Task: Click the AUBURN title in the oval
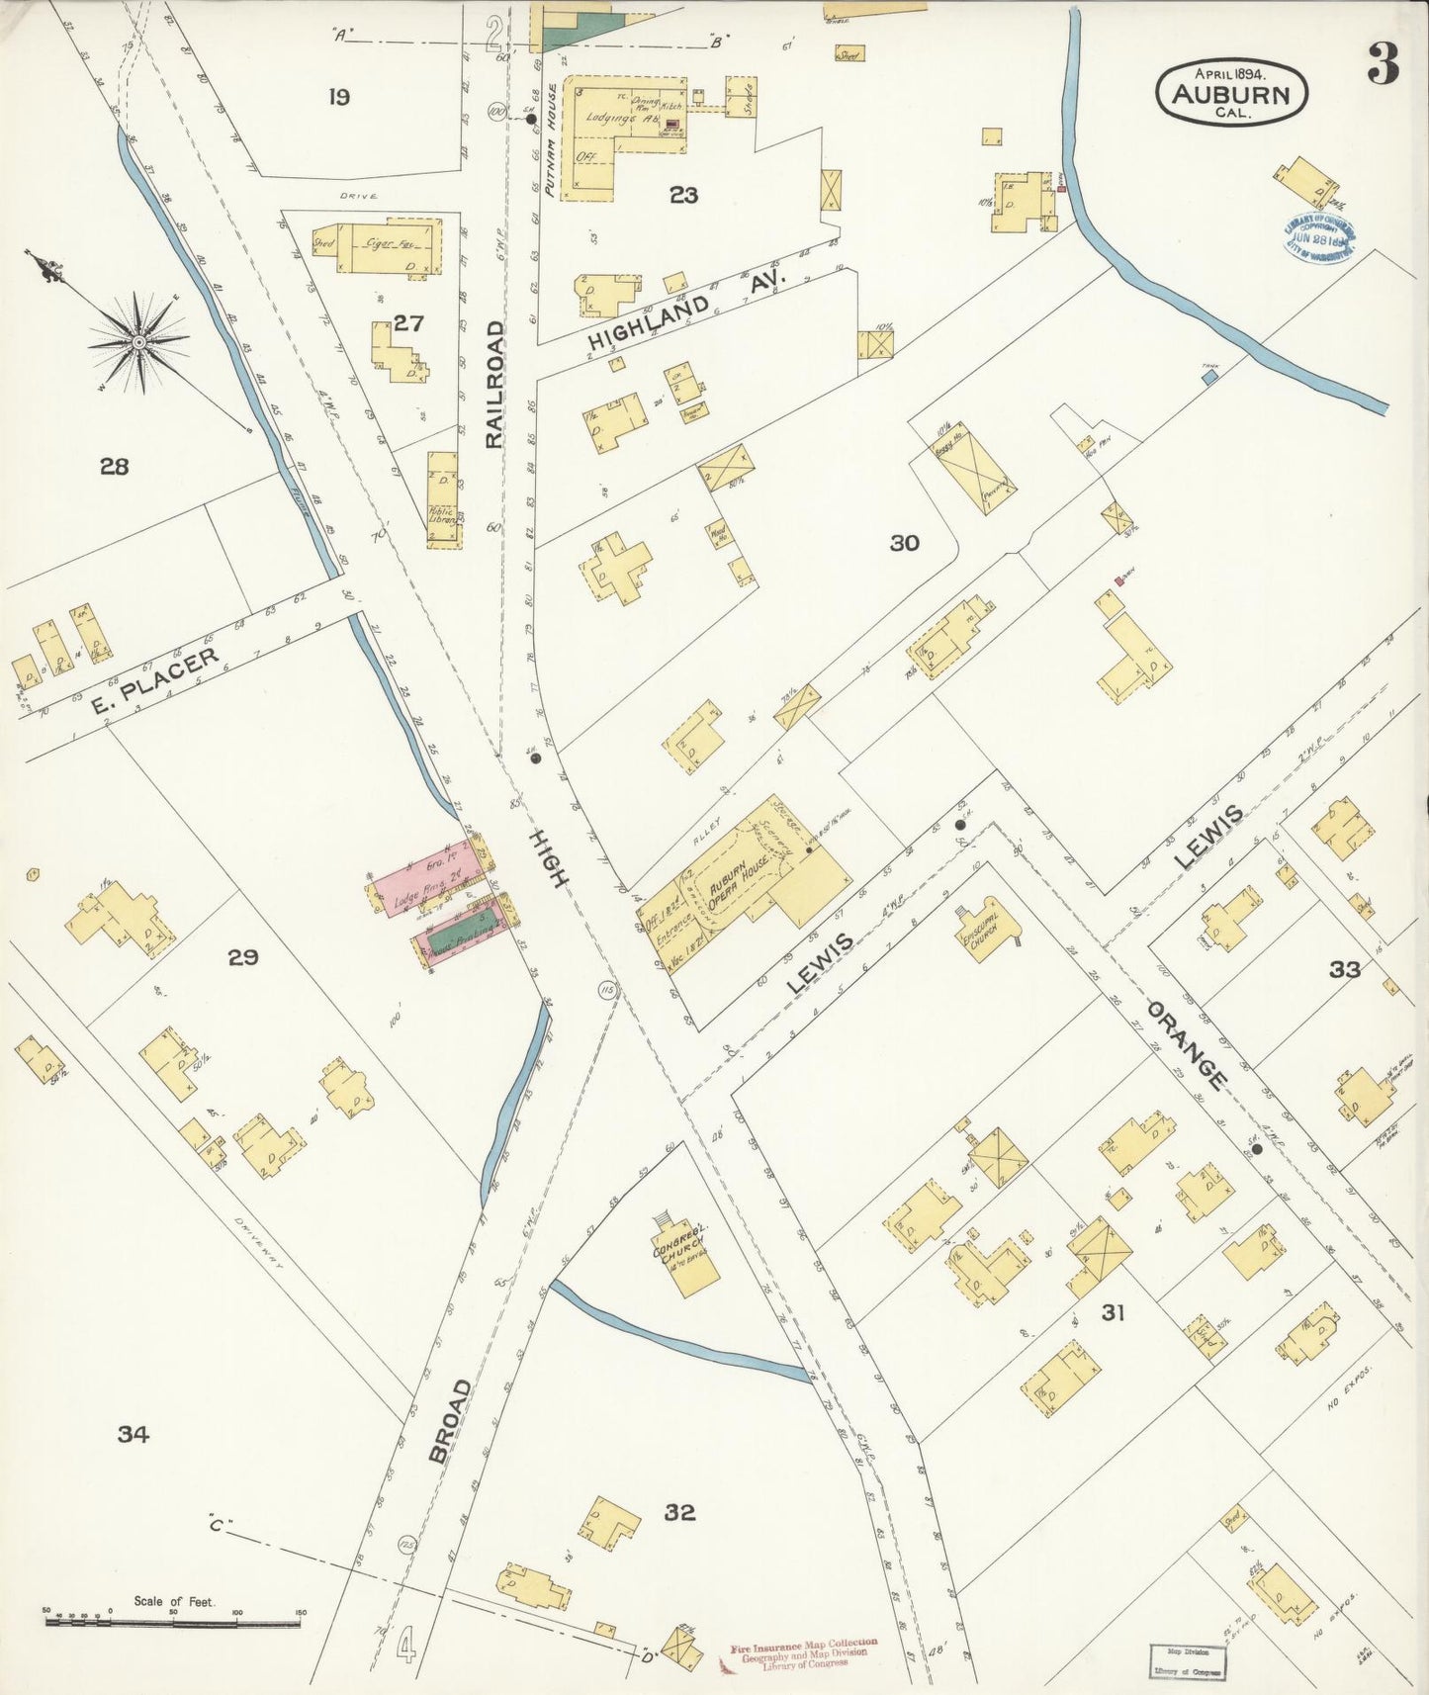pos(1231,95)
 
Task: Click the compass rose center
pos(138,341)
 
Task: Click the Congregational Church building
pos(684,1249)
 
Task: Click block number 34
pos(133,1433)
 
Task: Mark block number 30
pos(904,542)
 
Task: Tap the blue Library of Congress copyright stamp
pos(1319,237)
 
